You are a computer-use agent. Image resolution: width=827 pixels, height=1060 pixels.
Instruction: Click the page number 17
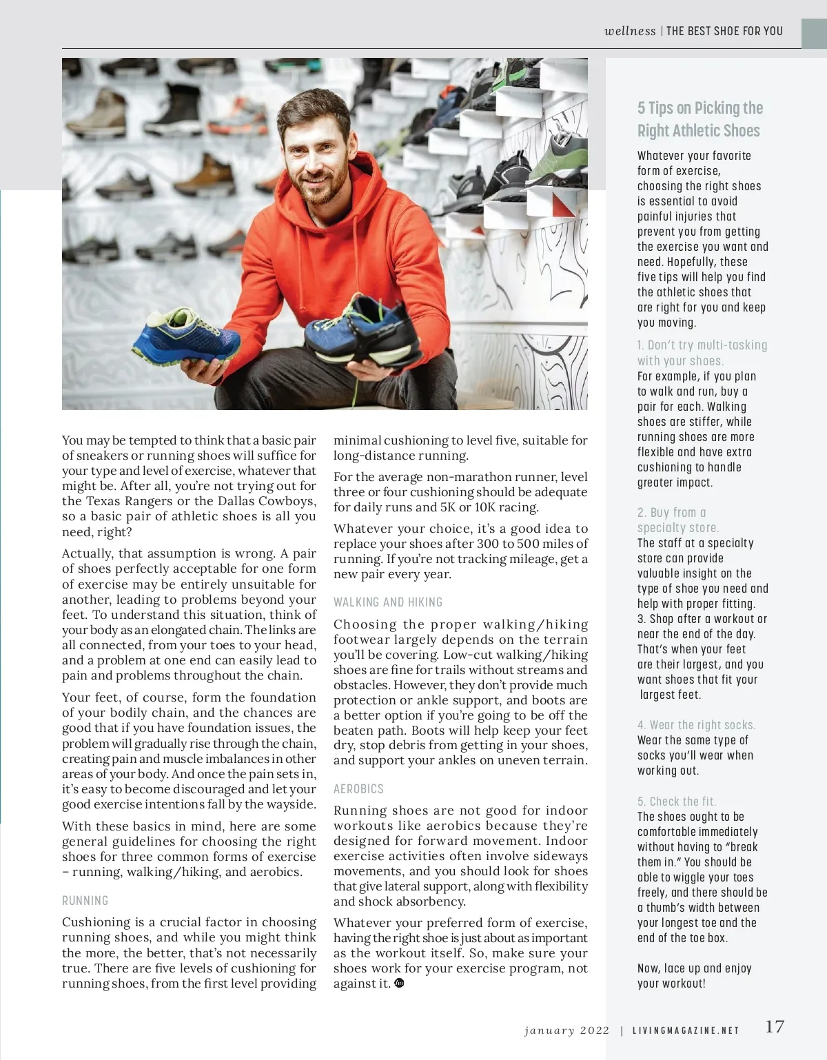775,1027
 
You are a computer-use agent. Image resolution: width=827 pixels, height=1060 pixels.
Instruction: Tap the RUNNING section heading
85,901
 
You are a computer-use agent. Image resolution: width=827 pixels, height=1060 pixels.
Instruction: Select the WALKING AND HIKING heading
388,602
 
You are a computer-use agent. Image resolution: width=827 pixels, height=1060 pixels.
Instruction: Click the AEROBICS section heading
358,789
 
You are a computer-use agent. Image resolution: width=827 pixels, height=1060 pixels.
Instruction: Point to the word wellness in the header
630,31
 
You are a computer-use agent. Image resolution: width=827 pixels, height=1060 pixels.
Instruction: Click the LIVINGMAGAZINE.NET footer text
686,1031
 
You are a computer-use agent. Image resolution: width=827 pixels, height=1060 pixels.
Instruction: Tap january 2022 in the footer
566,1031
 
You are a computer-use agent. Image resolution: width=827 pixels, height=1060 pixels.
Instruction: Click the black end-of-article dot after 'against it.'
399,983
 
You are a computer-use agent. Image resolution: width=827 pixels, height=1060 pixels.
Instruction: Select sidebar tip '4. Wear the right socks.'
696,725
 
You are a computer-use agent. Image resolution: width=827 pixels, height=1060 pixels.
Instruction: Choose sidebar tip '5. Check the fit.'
676,802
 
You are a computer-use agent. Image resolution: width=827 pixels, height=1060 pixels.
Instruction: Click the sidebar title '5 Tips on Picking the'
700,108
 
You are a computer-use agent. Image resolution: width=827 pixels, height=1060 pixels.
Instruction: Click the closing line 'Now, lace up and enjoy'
694,968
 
